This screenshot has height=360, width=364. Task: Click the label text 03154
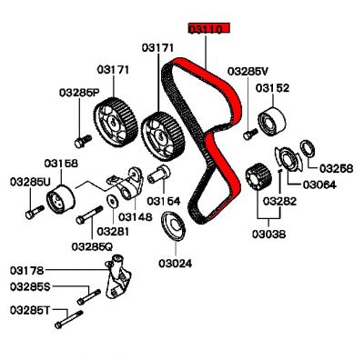tap(165, 200)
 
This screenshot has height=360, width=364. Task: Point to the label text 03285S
tap(30, 286)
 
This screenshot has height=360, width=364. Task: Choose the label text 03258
tap(333, 169)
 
